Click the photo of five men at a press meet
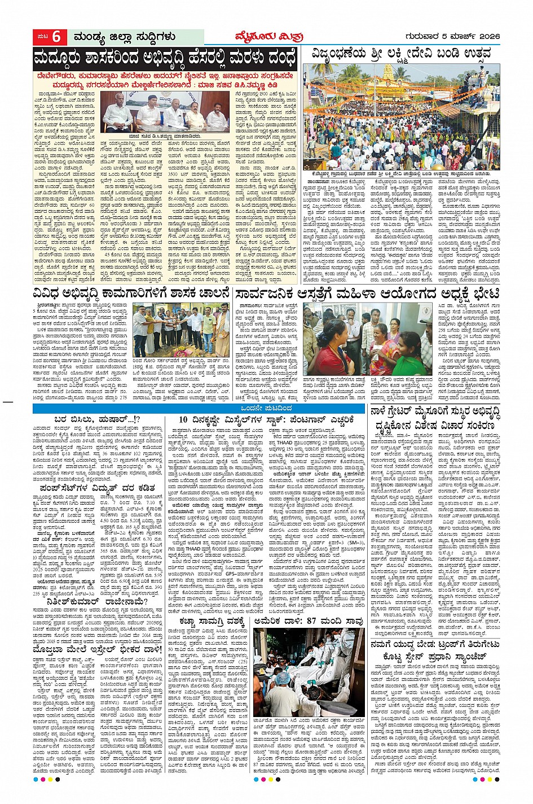pyautogui.click(x=171, y=111)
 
